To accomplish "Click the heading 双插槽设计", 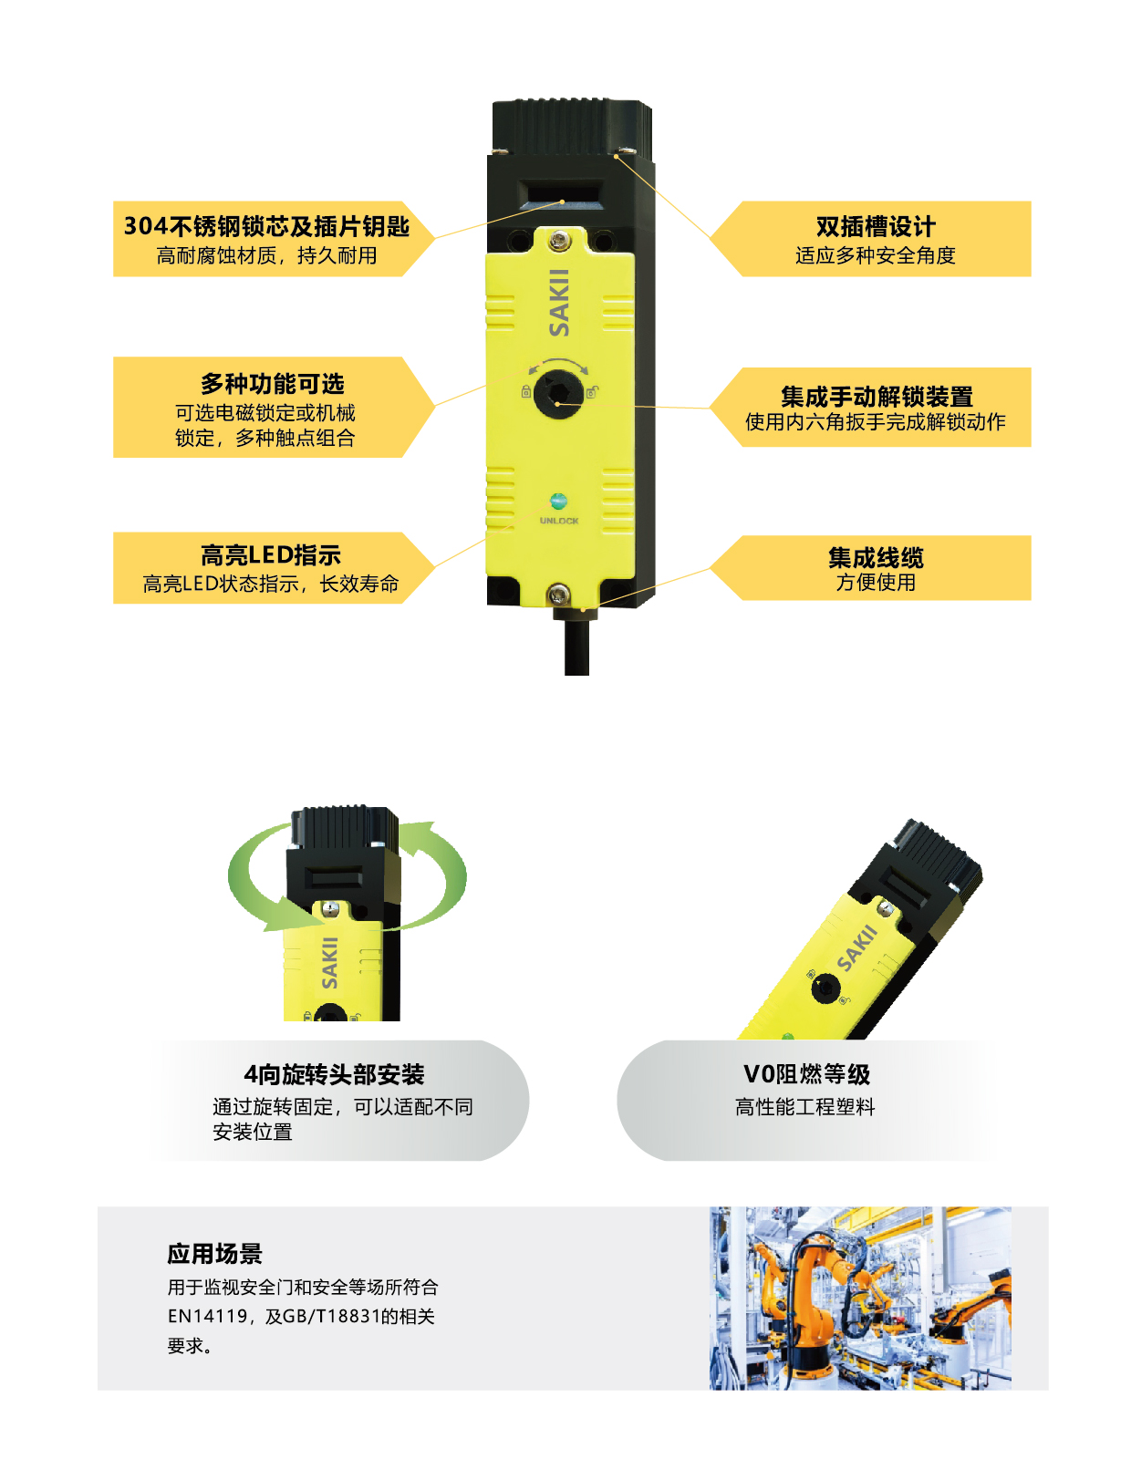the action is click(875, 226).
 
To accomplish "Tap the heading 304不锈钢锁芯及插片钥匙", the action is click(266, 226).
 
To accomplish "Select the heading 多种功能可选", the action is click(273, 384).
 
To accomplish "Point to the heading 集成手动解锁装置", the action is click(877, 396).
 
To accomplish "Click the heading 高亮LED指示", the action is click(271, 555).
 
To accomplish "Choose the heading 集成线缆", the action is click(876, 557).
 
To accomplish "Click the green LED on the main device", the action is click(557, 501).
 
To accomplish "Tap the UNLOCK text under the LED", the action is click(558, 521).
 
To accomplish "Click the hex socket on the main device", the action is click(557, 392).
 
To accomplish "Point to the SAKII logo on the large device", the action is click(558, 303).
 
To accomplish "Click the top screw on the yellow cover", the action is click(557, 239).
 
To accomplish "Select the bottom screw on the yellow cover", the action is click(557, 594).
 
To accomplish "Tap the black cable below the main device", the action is click(576, 644).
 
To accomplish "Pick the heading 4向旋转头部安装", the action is click(334, 1074).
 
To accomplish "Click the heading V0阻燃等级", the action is click(806, 1074).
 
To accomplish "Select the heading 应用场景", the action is click(214, 1254).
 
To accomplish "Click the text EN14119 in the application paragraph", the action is click(207, 1316).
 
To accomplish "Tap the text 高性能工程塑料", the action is click(804, 1106).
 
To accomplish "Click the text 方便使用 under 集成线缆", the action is click(876, 582).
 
